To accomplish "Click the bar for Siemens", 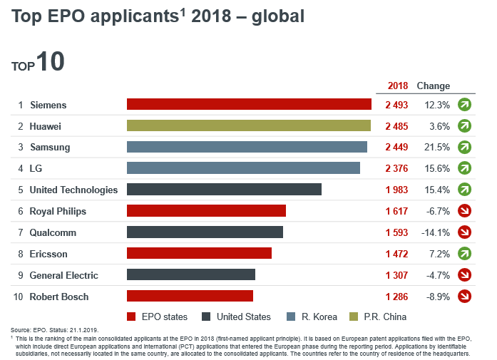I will click(x=249, y=104).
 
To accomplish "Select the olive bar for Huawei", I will click(x=249, y=125).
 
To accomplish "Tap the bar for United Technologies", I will click(x=224, y=190).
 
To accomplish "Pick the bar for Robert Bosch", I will click(x=190, y=296).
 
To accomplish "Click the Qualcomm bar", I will click(x=205, y=232).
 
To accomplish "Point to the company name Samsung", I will click(x=50, y=147).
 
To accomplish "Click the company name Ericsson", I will click(x=49, y=254).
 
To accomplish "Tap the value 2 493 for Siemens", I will click(x=396, y=105).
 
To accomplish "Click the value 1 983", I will click(x=396, y=190).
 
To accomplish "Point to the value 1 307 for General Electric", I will click(x=396, y=275).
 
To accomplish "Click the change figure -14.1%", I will click(x=435, y=232).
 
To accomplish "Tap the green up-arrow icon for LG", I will click(x=465, y=168).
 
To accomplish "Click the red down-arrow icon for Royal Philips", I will click(x=465, y=211).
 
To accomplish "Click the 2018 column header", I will click(x=397, y=86).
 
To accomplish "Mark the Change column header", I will click(x=433, y=86).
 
